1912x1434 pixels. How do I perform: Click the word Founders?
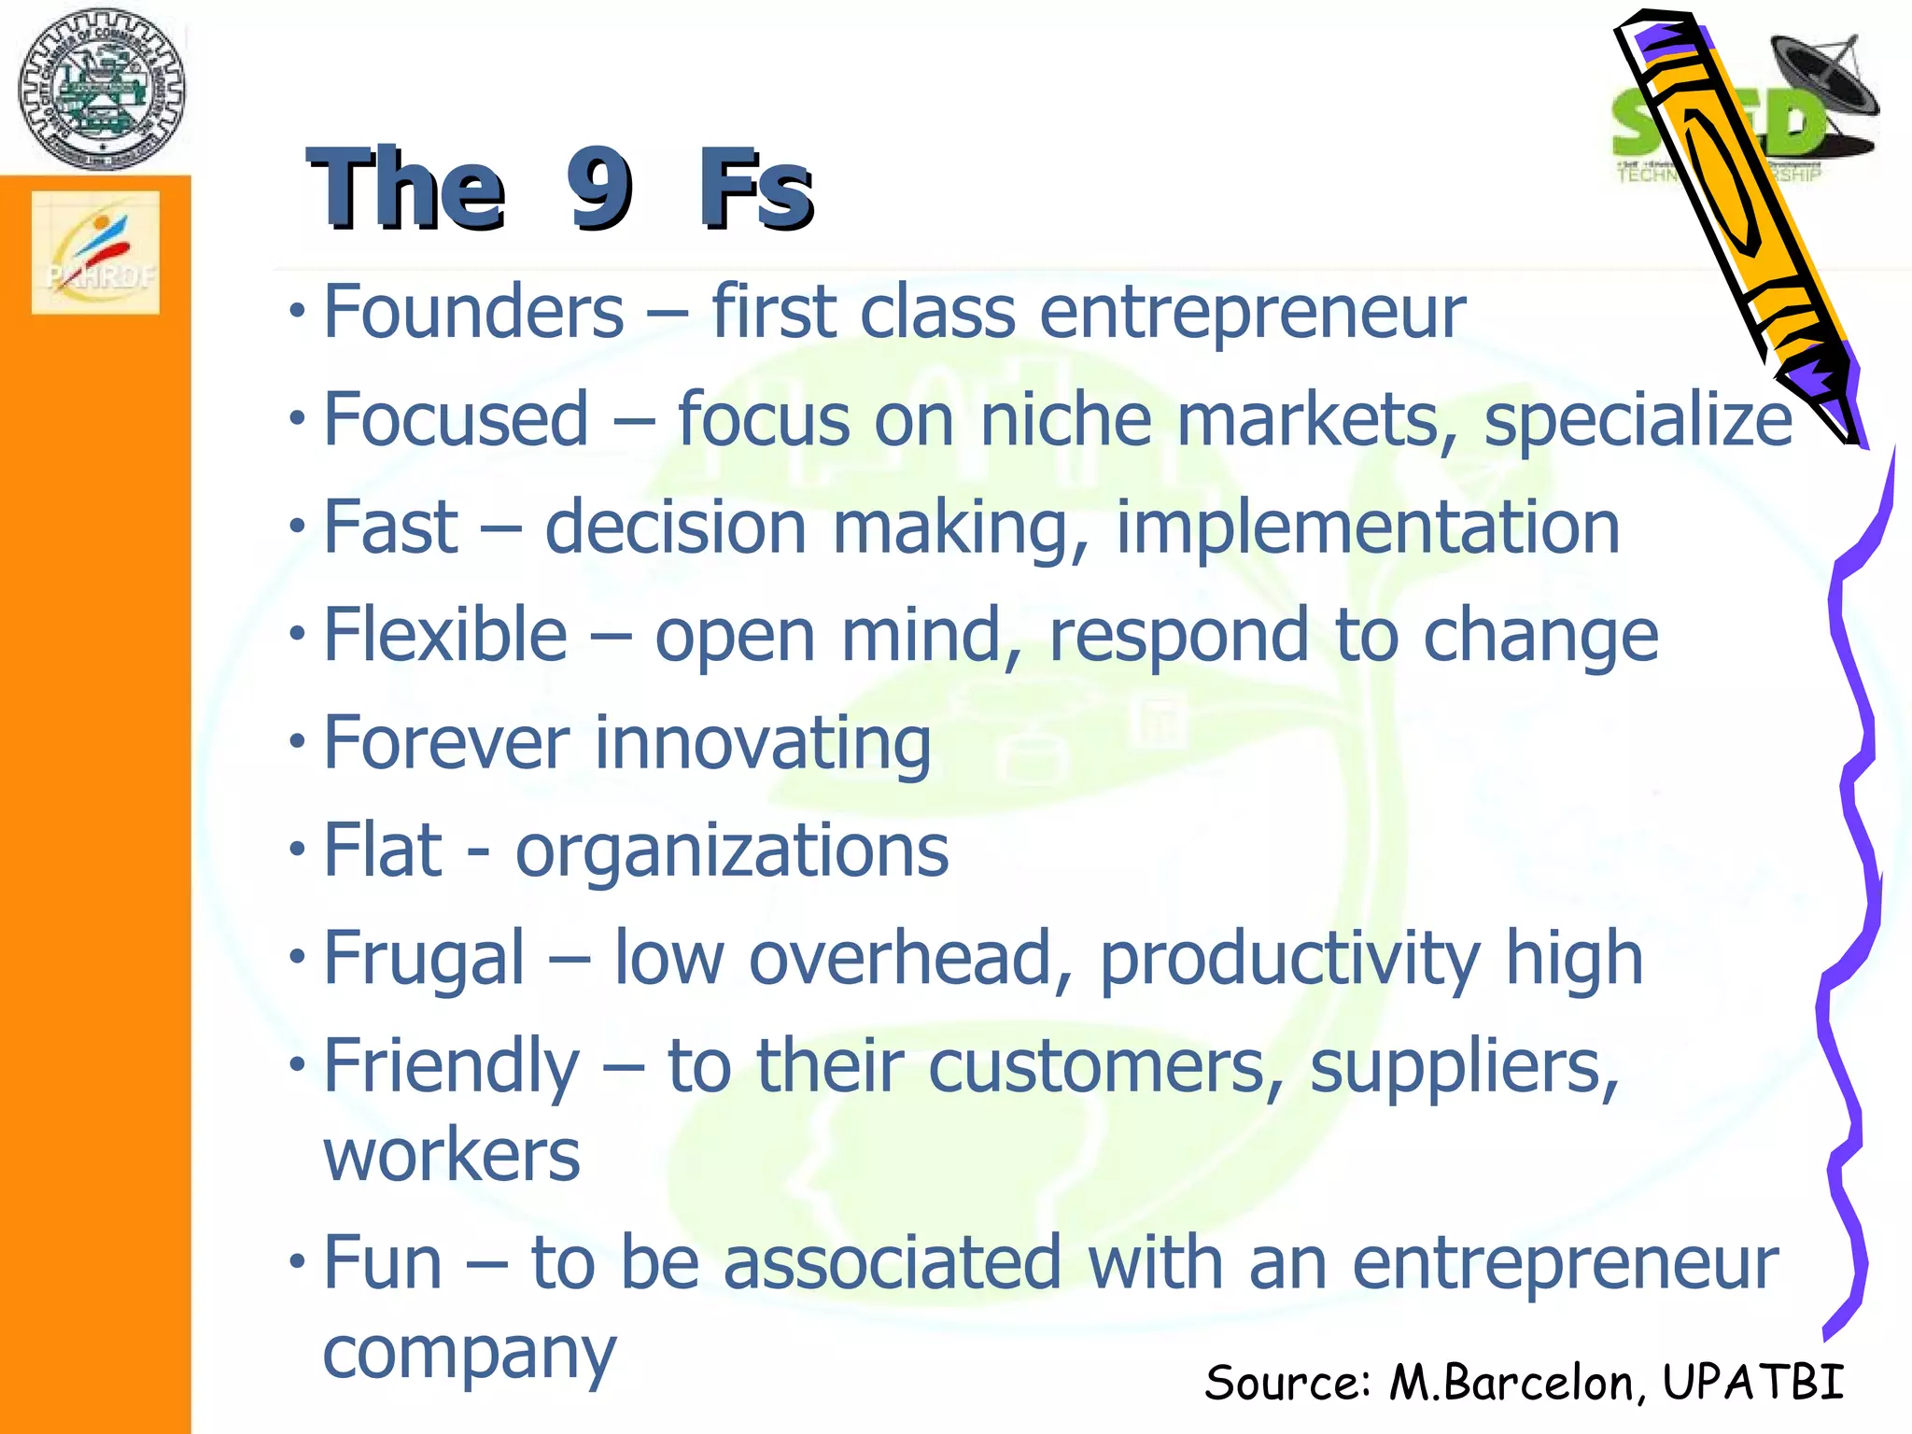[473, 312]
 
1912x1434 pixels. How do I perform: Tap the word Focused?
[457, 419]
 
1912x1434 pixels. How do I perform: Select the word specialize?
[1638, 421]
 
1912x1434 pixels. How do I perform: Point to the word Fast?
[391, 527]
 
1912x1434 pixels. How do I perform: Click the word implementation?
[1368, 527]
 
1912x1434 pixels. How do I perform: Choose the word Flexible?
[445, 635]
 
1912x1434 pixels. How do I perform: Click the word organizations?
[732, 851]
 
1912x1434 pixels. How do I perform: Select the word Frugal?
[425, 960]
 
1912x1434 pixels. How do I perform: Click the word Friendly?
[452, 1067]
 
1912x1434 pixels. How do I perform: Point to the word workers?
[452, 1156]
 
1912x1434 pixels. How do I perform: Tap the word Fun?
[383, 1263]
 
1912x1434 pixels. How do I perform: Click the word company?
[470, 1354]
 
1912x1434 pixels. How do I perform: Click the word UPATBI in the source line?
[1753, 1383]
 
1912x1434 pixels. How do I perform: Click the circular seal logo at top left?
[101, 90]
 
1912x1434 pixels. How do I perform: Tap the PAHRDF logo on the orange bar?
[96, 252]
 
